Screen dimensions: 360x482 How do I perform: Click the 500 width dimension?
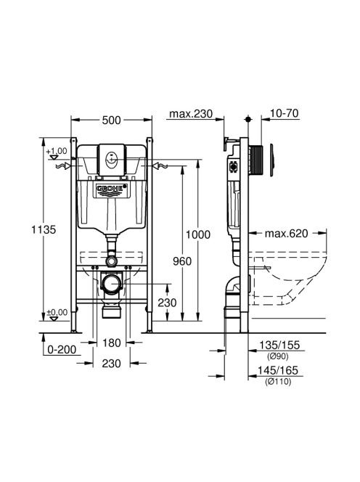click(111, 120)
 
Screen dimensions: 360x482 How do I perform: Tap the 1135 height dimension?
click(44, 229)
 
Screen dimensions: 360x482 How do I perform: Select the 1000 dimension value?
click(198, 234)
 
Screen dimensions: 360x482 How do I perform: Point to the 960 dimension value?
click(182, 261)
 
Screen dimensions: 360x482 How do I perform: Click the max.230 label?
click(191, 114)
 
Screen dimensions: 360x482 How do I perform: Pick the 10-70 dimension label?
click(284, 113)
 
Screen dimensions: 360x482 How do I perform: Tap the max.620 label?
click(286, 234)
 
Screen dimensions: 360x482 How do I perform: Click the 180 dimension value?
click(111, 343)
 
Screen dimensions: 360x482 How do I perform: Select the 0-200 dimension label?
click(62, 349)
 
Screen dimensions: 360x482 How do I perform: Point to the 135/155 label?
click(279, 345)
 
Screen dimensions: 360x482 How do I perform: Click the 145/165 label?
click(278, 370)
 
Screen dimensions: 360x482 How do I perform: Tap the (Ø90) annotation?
click(277, 356)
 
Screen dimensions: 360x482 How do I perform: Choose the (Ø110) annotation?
click(278, 382)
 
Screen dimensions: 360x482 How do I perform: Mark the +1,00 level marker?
click(57, 151)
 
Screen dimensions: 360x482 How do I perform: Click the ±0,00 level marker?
click(57, 313)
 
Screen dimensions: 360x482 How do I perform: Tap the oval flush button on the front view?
click(111, 160)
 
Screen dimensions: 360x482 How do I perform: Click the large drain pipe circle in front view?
click(112, 284)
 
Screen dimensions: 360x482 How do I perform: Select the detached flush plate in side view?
click(271, 160)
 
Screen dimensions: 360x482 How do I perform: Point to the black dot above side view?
click(248, 119)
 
